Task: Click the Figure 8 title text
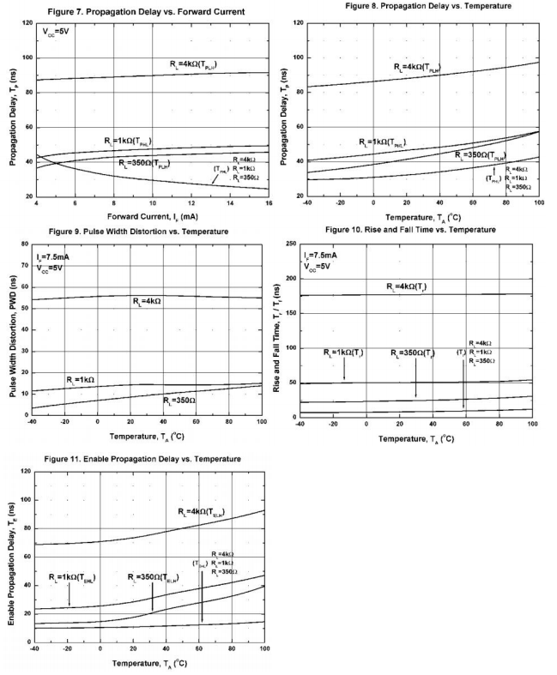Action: (427, 5)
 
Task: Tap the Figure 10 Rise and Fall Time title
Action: (411, 230)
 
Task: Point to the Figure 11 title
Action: (136, 460)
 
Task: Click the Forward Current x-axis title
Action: (152, 215)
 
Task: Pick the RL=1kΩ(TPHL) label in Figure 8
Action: (382, 142)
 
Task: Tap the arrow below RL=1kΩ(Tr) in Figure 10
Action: (344, 370)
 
